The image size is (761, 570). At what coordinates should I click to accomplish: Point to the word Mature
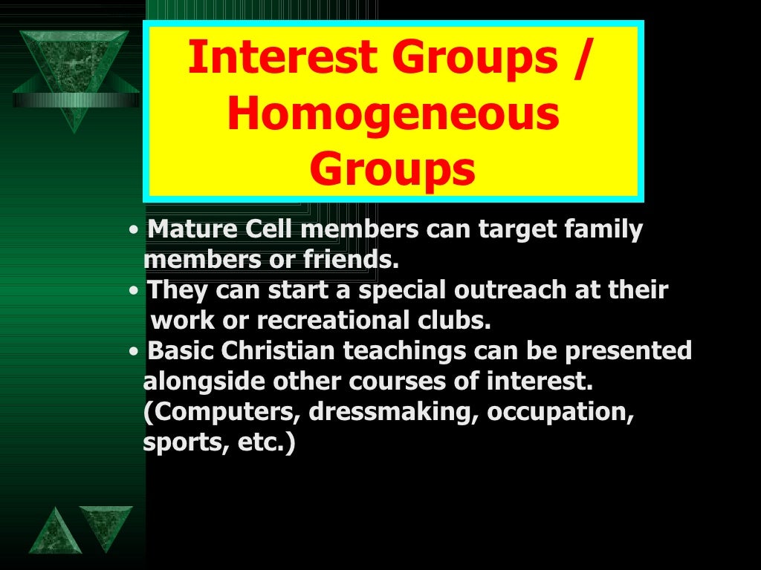190,230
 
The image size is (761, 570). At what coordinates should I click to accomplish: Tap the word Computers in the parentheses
222,413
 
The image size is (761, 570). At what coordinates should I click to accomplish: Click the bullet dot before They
132,291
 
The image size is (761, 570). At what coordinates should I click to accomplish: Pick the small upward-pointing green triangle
54,532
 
